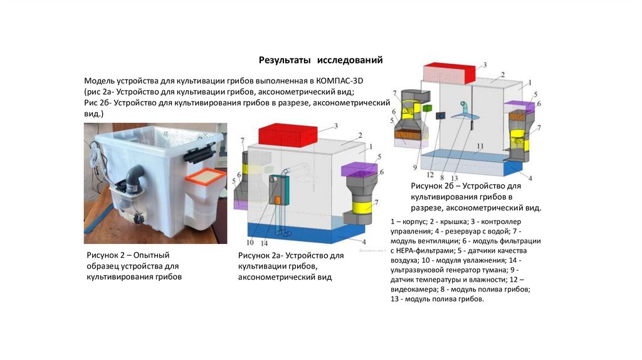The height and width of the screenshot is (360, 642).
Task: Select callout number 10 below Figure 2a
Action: click(250, 243)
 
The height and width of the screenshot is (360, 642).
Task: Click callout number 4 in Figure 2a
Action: click(364, 241)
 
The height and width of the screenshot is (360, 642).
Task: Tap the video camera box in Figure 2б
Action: click(441, 116)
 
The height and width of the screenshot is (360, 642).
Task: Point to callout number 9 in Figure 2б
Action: click(414, 167)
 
